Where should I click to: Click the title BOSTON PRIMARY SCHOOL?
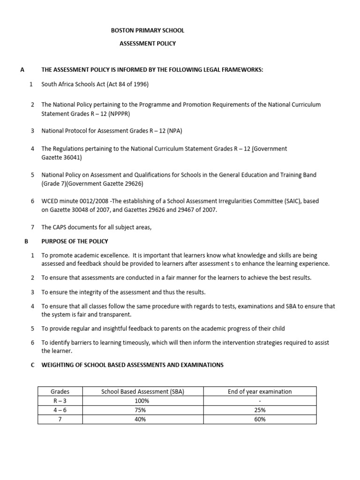(x=147, y=30)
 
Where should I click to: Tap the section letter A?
(x=22, y=70)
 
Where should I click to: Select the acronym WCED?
(x=51, y=201)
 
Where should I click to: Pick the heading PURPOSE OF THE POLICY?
(x=75, y=241)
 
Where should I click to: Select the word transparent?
(x=113, y=315)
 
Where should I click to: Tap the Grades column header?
(x=60, y=391)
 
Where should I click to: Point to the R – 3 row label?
(x=60, y=401)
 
